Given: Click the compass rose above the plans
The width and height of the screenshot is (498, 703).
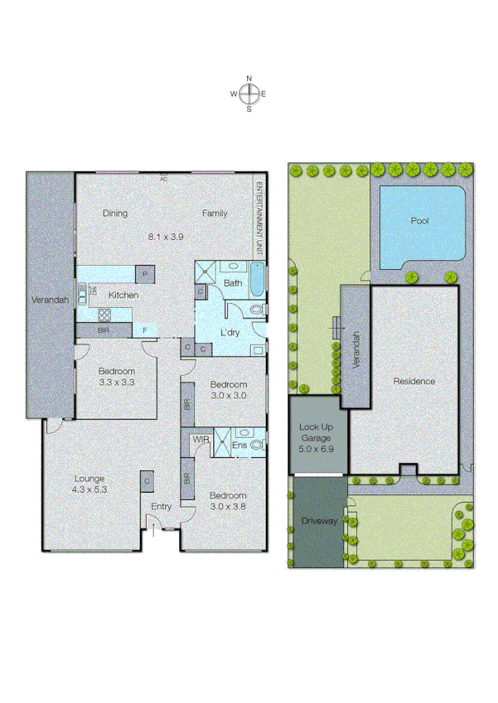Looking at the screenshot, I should click(x=249, y=94).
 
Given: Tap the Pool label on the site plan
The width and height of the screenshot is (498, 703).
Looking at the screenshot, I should click(x=420, y=221).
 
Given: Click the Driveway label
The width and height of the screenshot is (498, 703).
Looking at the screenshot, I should click(x=318, y=522).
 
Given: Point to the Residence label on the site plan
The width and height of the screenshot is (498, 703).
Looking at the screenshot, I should click(x=413, y=381).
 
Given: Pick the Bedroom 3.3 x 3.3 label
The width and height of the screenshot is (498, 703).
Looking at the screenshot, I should click(x=116, y=378).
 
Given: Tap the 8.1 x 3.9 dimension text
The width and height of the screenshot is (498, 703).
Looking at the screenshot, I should click(x=165, y=237).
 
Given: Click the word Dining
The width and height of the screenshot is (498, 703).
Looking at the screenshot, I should click(x=115, y=213).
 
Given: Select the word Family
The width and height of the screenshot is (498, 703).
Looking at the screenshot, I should click(x=215, y=213).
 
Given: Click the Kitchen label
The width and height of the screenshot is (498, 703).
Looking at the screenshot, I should click(x=124, y=295).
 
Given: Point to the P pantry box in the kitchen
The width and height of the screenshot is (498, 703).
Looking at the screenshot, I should click(x=146, y=274).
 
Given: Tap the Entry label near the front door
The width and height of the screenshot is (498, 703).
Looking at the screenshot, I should click(x=161, y=508).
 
